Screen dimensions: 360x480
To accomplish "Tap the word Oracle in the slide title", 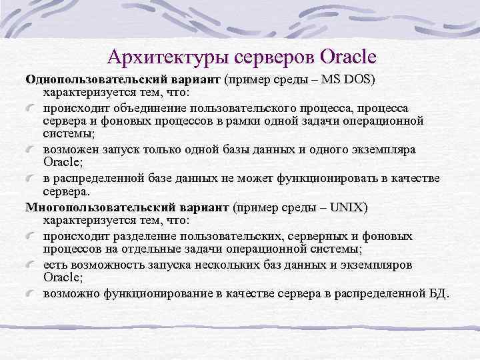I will [348, 55].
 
